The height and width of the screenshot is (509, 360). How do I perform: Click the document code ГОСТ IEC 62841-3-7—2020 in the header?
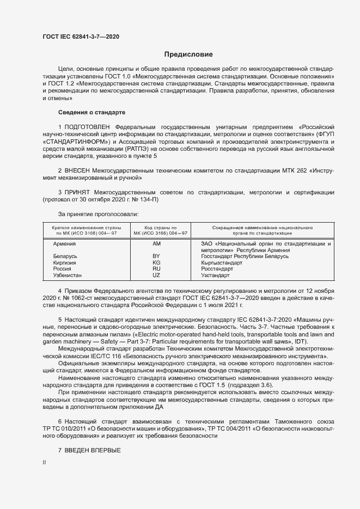pos(81,36)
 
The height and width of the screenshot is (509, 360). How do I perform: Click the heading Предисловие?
pos(188,54)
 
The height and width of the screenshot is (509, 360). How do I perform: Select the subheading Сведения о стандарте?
pos(91,112)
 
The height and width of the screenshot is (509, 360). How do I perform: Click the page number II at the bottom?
pos(44,462)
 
